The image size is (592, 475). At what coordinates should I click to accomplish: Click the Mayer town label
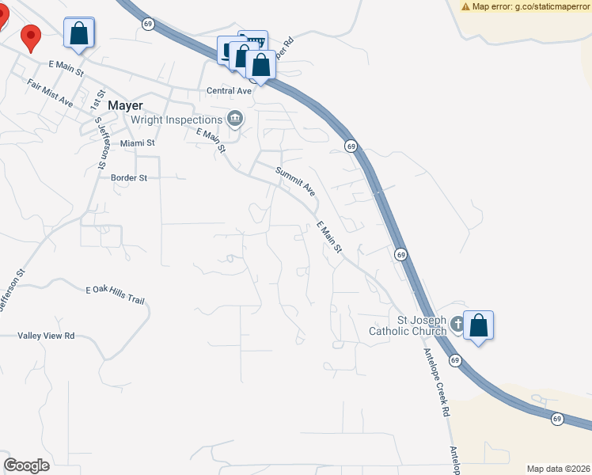point(125,104)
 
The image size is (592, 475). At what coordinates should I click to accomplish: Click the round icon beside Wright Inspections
point(234,120)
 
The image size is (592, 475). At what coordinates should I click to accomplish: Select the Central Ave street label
point(229,91)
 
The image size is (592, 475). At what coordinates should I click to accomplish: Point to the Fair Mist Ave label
point(50,93)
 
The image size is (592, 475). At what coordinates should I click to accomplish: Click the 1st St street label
point(97,99)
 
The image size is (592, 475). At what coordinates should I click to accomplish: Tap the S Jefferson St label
point(101,143)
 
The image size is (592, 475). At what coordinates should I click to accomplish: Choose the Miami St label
point(138,143)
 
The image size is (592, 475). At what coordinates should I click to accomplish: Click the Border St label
point(129,178)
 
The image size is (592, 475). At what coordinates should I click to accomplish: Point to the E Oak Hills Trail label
point(116,295)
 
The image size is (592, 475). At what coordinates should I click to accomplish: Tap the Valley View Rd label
point(46,336)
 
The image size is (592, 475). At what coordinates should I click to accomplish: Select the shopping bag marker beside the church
point(479,326)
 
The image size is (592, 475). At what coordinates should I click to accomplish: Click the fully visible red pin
point(31,36)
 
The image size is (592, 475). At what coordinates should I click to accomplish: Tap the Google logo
point(27,465)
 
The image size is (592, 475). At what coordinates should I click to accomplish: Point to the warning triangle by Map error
point(466,6)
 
